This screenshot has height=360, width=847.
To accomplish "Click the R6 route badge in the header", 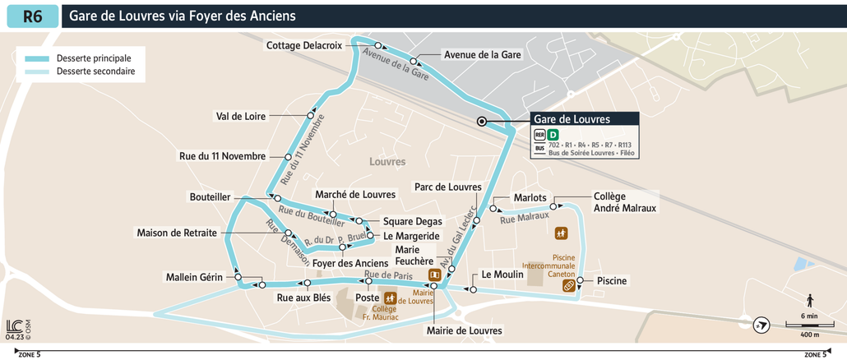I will pos(32,16).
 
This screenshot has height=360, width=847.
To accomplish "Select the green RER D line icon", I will pos(553,135).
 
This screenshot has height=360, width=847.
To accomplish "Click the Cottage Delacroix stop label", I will pos(303,45).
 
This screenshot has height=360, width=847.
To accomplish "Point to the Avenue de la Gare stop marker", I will pos(414,62).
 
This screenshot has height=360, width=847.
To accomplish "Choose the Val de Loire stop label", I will pos(240,116).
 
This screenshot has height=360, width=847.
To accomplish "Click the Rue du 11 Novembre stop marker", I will pos(288,156).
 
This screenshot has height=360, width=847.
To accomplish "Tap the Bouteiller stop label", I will pos(210,197).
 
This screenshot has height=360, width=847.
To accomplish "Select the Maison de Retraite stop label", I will pos(177,233).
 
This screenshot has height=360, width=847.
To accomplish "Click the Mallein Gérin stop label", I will pos(194,277).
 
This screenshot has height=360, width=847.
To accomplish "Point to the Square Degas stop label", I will pos(413,221).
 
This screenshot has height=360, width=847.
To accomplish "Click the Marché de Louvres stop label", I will pos(355,194).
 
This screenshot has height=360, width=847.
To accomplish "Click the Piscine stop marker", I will pos(580,281).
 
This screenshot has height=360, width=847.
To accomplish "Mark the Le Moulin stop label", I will pos(502,275).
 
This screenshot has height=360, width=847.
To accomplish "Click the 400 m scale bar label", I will pos(810,335).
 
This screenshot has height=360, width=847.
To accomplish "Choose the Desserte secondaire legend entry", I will pos(95,72).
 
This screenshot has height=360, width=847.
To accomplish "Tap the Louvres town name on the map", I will pos(388,162).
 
